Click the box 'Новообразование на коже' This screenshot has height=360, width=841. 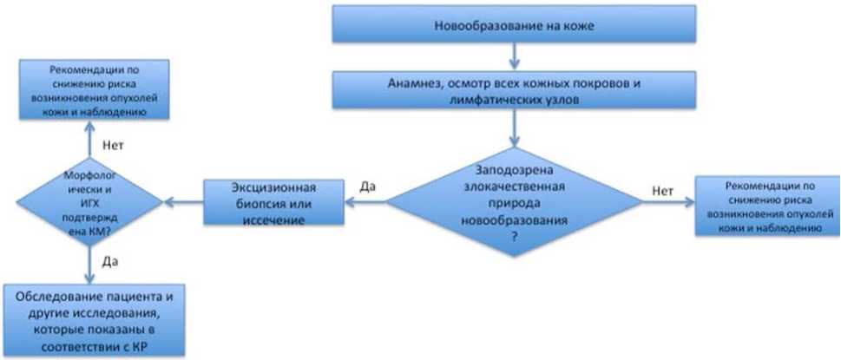pos(515,24)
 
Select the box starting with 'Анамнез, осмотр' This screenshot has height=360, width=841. pos(515,90)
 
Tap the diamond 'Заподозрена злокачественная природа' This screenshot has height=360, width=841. pos(515,202)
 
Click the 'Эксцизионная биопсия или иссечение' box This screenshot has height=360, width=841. pos(273,202)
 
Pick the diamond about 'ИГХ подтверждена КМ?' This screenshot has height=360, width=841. pos(89,202)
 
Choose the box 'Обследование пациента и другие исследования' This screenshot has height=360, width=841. pos(94,320)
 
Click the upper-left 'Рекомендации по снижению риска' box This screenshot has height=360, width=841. pos(95,89)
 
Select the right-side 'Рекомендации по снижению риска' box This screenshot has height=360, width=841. pos(767,206)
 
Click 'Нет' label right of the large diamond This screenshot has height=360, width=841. pos(663,190)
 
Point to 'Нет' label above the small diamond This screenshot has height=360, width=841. pos(112,145)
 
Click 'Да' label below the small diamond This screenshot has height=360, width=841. pos(109,263)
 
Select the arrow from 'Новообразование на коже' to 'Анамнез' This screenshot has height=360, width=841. pos(515,57)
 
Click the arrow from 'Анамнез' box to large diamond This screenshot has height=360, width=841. pos(515,128)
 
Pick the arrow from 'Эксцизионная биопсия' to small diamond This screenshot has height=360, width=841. pos(183,202)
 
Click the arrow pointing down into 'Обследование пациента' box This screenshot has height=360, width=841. pos(89,265)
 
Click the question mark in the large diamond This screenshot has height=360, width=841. pos(515,237)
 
